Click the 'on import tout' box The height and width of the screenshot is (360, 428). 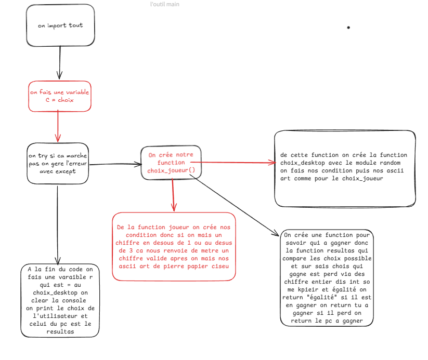tap(60, 25)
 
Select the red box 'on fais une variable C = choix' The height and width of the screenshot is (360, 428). tap(60, 96)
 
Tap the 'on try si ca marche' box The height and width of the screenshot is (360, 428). tap(58, 163)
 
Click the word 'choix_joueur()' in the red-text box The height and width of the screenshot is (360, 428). tap(171, 170)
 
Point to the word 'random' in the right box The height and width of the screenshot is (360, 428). tap(391, 163)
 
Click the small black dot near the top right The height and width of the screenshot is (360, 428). tap(348, 28)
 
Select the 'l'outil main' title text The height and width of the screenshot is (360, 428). tap(165, 4)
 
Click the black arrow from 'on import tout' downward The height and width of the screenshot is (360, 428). tap(60, 63)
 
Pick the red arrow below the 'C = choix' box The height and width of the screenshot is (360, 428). tap(58, 126)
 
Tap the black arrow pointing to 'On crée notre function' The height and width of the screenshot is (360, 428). tap(116, 164)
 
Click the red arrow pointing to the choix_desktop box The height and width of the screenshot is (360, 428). tap(233, 162)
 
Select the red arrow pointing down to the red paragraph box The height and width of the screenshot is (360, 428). tap(173, 195)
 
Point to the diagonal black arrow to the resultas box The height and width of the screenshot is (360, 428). tap(234, 205)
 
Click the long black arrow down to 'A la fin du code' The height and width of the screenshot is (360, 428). tap(58, 225)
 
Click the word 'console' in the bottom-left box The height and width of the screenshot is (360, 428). tap(74, 301)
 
